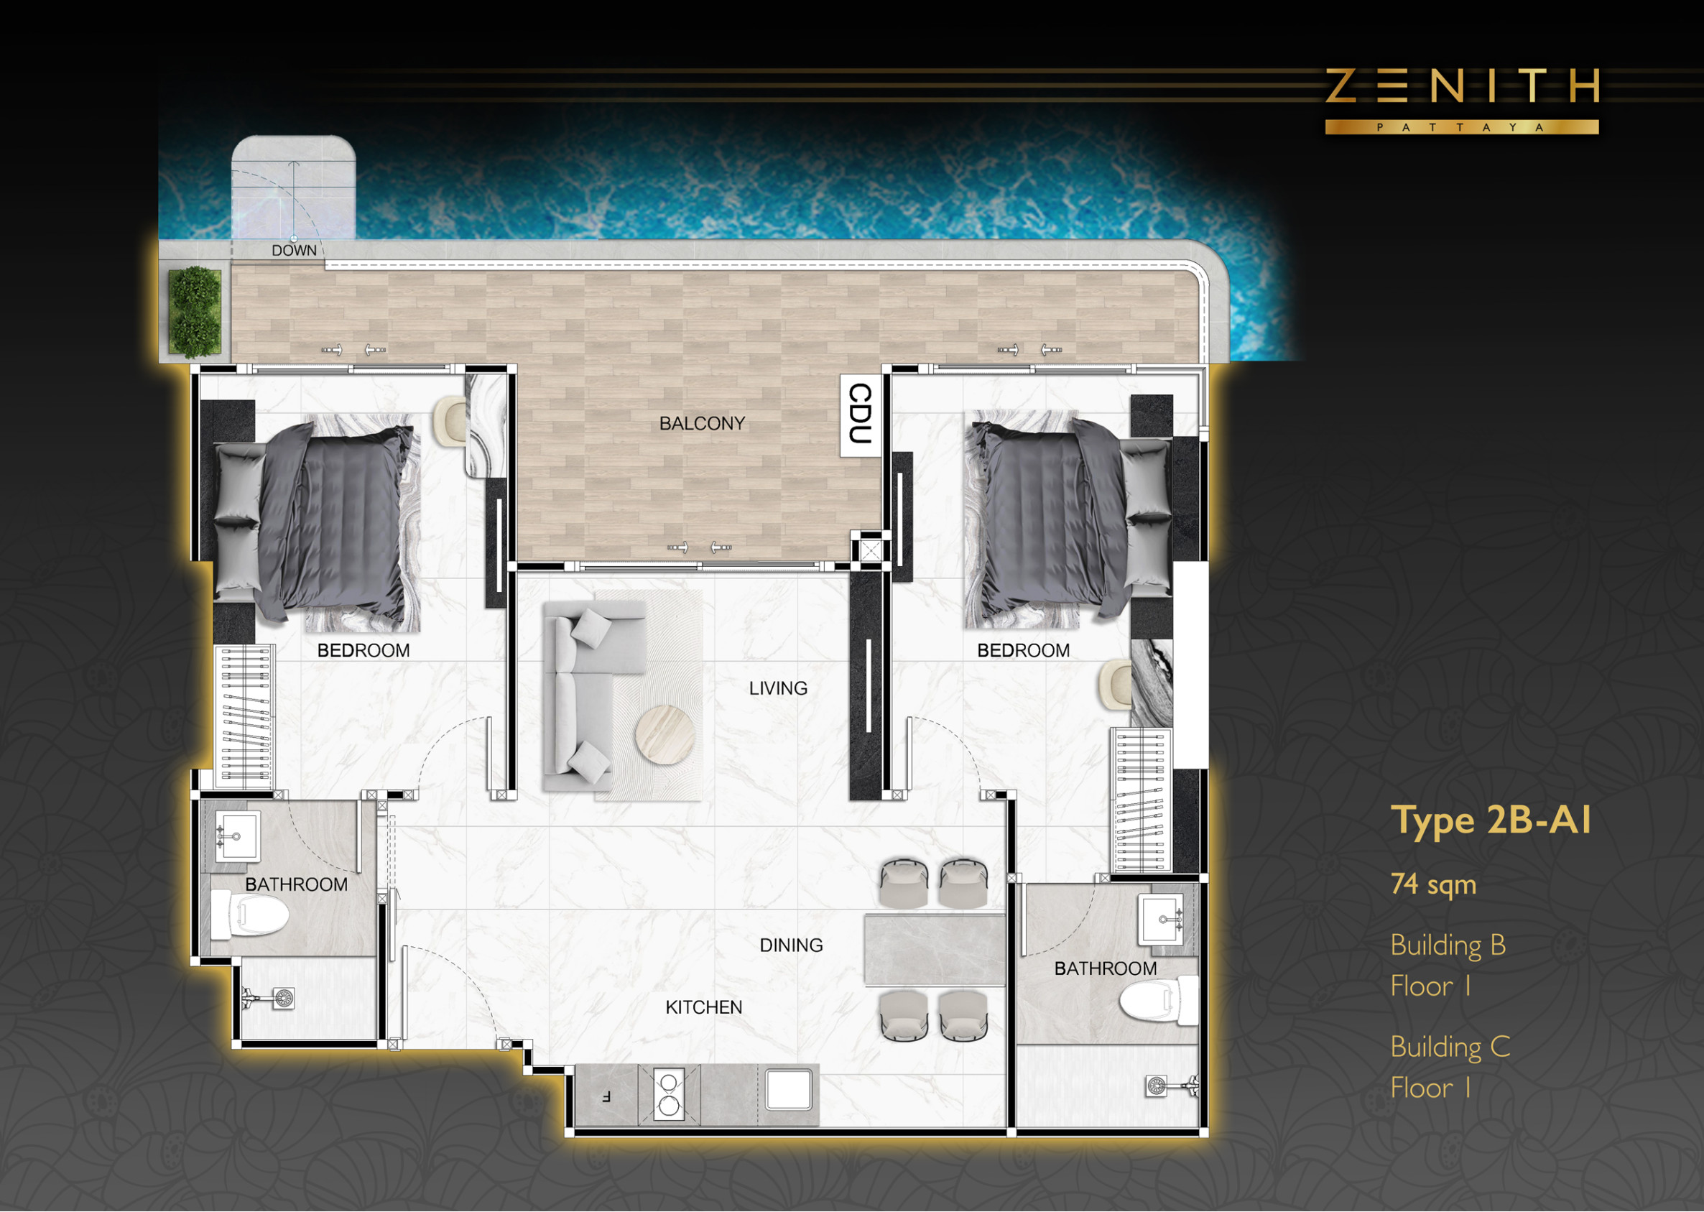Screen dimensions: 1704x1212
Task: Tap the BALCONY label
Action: [x=702, y=424]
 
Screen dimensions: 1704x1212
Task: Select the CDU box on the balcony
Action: [x=861, y=415]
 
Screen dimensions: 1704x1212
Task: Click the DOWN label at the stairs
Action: [x=294, y=251]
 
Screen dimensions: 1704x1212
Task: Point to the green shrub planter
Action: [x=195, y=312]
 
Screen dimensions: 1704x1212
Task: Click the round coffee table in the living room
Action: [x=665, y=734]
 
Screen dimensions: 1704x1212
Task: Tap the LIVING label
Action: [x=778, y=688]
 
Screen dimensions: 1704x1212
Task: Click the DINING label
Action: [x=791, y=945]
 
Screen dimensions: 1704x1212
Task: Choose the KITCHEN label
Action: [x=703, y=1007]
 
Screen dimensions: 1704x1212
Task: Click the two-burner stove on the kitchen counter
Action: [x=669, y=1096]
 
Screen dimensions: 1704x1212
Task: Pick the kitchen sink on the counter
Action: [x=789, y=1090]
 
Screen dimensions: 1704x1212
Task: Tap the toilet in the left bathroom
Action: [x=249, y=915]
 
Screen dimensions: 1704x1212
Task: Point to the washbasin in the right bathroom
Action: [x=1161, y=920]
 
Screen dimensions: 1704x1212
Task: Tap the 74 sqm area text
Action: [x=1433, y=884]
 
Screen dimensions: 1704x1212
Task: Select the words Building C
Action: [x=1450, y=1047]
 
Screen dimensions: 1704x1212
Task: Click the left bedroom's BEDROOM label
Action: [x=364, y=651]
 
